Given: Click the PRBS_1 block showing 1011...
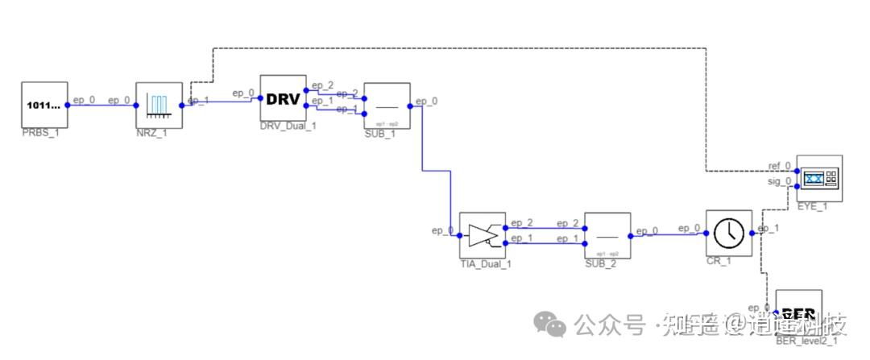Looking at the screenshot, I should coord(44,105).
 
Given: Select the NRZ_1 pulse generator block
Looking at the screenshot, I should coord(159,105).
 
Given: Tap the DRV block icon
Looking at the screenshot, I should coord(283,98).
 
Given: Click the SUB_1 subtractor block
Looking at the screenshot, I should coord(387,106).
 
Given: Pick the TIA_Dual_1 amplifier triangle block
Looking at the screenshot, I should coord(482,235).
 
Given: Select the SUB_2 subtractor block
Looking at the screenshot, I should coord(607,235).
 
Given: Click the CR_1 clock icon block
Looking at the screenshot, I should coord(728,234).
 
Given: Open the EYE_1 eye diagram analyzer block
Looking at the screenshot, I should coord(818,177).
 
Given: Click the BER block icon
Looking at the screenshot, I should coord(799,312).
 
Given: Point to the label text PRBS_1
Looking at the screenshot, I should coord(40,133).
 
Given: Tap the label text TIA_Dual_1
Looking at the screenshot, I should coord(485,263).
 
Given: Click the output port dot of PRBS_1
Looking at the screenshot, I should coord(68,105).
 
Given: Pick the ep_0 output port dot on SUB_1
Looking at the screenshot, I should coord(411,106).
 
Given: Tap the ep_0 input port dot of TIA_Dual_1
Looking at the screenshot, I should coord(459,236).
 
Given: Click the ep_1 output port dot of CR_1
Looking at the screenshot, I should coord(752,234).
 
